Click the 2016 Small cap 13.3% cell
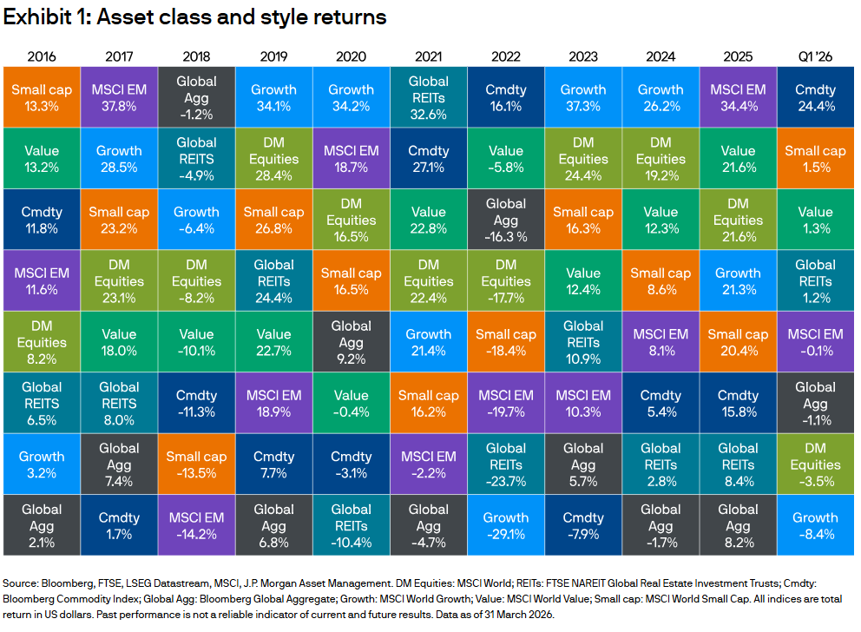43,98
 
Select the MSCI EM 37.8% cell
119,98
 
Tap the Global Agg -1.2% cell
196,98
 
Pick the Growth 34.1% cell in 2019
273,98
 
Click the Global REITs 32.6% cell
429,98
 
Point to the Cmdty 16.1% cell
506,98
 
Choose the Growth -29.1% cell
506,525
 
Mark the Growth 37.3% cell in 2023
583,98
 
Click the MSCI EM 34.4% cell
738,98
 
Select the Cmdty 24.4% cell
815,98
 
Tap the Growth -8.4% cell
815,525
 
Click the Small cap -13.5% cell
196,464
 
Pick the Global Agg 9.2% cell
352,342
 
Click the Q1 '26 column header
815,56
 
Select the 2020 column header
352,56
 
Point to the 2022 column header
506,56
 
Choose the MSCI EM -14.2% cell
196,525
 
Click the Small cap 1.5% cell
815,159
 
